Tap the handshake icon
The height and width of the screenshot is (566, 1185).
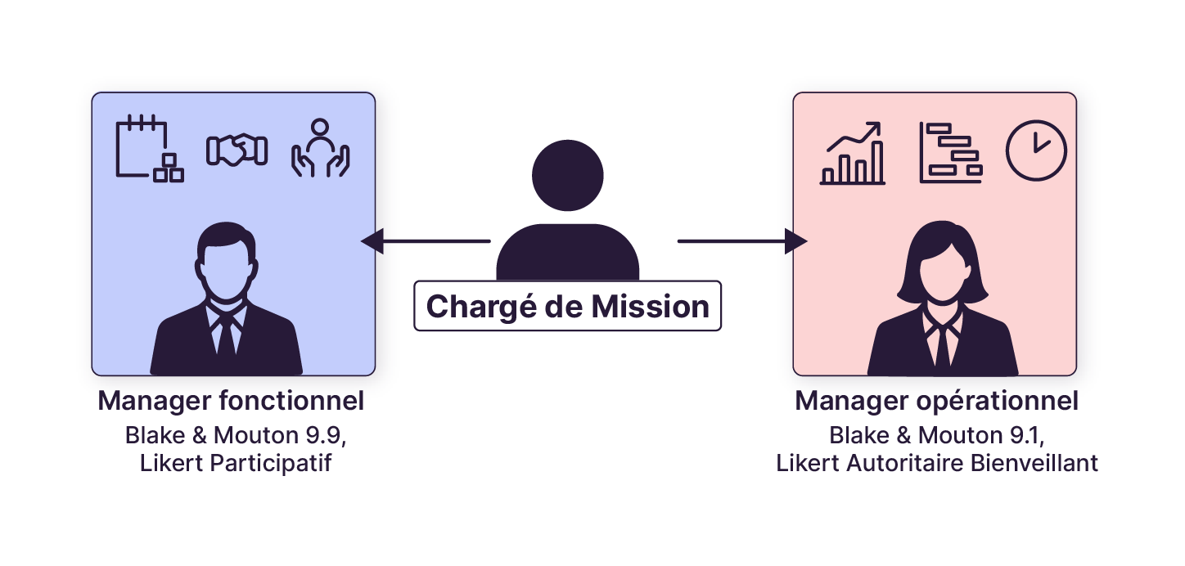tap(237, 150)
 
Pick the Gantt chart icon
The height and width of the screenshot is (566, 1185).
tap(950, 153)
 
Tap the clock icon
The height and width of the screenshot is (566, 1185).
tap(1036, 150)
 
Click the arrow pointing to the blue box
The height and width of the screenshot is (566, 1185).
tap(426, 241)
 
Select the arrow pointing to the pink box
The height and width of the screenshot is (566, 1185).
tap(741, 241)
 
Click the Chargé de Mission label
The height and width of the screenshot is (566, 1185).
tap(567, 306)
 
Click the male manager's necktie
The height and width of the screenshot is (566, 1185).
tap(226, 342)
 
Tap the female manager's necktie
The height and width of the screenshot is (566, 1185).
tap(943, 347)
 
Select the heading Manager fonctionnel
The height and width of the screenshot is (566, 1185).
tap(231, 402)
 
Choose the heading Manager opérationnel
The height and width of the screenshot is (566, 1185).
tap(936, 402)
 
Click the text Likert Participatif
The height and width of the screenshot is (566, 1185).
tap(236, 463)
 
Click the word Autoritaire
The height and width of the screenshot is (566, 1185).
tap(902, 463)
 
